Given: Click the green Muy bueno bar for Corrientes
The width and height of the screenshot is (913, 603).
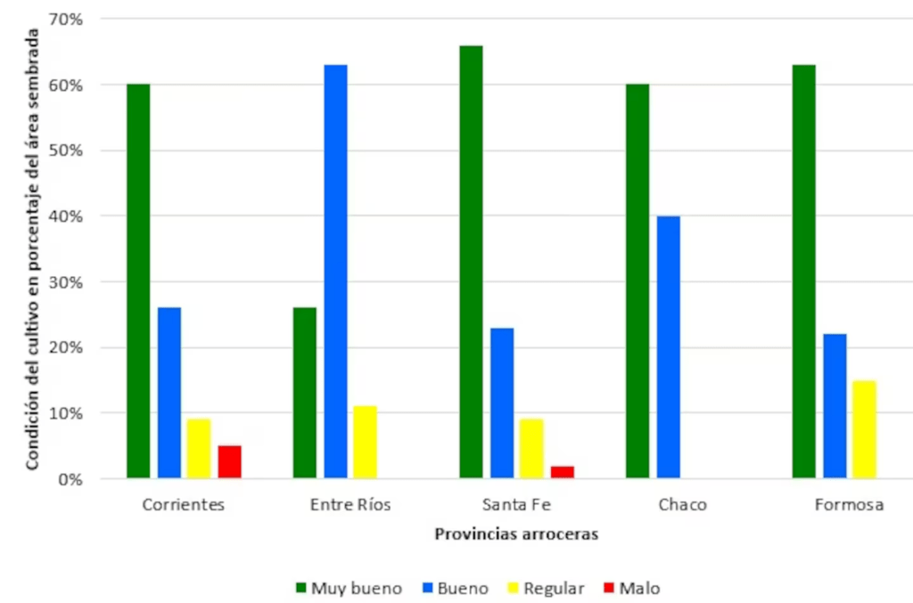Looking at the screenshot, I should [x=138, y=281].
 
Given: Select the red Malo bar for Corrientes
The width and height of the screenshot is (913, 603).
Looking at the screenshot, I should [x=229, y=461].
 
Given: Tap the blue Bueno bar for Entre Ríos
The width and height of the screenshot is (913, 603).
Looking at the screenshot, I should [x=335, y=272].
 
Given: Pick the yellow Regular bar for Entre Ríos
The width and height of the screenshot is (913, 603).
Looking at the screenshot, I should [x=366, y=442].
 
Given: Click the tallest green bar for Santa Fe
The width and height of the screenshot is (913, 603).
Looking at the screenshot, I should [x=471, y=262].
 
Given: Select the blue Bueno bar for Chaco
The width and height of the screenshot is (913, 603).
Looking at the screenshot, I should [x=669, y=347].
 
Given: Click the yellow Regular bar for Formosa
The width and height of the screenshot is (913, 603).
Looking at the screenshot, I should [x=865, y=429].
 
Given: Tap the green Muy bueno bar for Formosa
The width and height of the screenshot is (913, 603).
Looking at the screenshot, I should [x=803, y=272].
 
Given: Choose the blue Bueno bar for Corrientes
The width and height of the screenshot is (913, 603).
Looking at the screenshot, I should [x=169, y=393].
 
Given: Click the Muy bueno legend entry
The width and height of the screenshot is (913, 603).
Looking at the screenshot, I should [x=349, y=588].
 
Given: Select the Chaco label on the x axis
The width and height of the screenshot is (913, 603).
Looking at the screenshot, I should [x=682, y=505].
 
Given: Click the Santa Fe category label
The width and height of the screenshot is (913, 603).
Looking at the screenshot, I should [x=516, y=505].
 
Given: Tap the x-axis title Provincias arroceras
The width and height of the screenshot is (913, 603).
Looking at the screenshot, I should [x=515, y=534].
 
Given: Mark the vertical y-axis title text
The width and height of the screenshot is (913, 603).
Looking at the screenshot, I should [x=32, y=249].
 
